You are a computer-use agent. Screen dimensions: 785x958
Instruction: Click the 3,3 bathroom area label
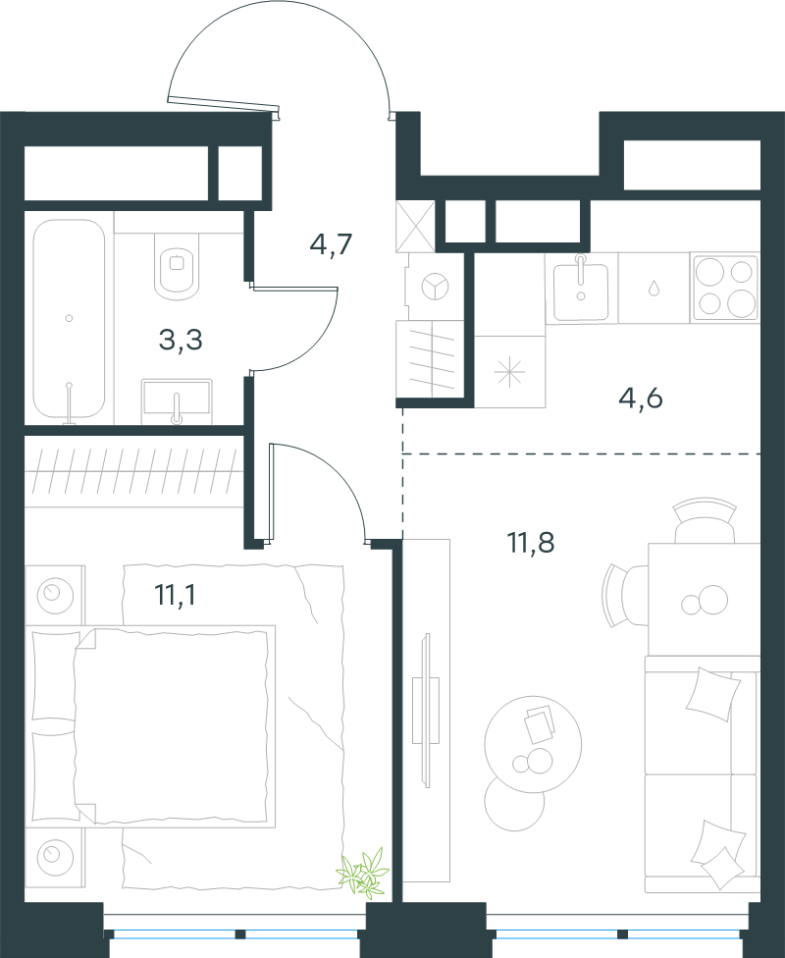pyautogui.click(x=181, y=341)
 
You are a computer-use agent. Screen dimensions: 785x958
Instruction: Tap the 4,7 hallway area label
pyautogui.click(x=332, y=245)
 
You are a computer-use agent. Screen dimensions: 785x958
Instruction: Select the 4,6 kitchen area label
pyautogui.click(x=641, y=399)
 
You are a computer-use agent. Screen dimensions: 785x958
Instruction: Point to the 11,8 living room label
pyautogui.click(x=531, y=542)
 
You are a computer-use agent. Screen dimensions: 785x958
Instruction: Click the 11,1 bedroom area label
pyautogui.click(x=176, y=595)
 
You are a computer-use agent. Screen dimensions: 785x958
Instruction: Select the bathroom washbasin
pyautogui.click(x=177, y=400)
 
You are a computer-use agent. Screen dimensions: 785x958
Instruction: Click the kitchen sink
pyautogui.click(x=580, y=289)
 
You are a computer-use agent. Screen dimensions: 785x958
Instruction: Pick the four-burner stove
pyautogui.click(x=724, y=288)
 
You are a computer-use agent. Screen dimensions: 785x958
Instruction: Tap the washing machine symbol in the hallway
pyautogui.click(x=435, y=287)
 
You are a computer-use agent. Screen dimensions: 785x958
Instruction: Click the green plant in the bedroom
pyautogui.click(x=365, y=872)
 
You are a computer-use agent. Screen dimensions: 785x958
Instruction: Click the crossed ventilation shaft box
pyautogui.click(x=415, y=227)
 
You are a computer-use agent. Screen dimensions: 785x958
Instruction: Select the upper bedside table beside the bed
pyautogui.click(x=55, y=595)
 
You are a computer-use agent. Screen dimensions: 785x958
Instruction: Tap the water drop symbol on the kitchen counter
pyautogui.click(x=654, y=288)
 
